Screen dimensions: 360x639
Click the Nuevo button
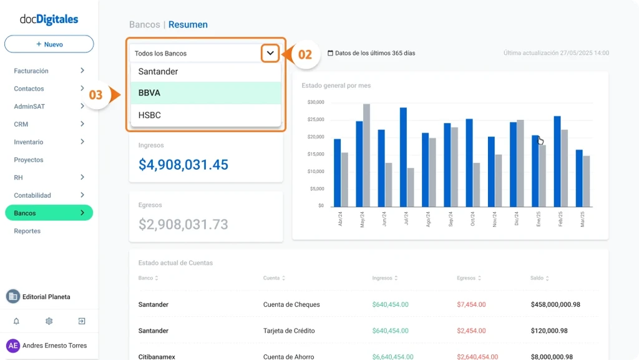(49, 44)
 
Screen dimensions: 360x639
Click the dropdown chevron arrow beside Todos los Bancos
(270, 53)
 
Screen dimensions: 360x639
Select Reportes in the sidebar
(27, 231)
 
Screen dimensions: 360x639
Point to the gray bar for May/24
(366, 155)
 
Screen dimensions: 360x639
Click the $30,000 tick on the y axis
(316, 102)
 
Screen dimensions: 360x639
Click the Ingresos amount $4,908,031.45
(183, 165)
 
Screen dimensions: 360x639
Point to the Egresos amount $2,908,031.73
(183, 225)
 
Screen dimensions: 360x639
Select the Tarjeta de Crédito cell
(289, 331)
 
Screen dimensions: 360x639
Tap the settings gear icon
(49, 321)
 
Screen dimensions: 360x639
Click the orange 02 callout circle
(305, 54)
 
